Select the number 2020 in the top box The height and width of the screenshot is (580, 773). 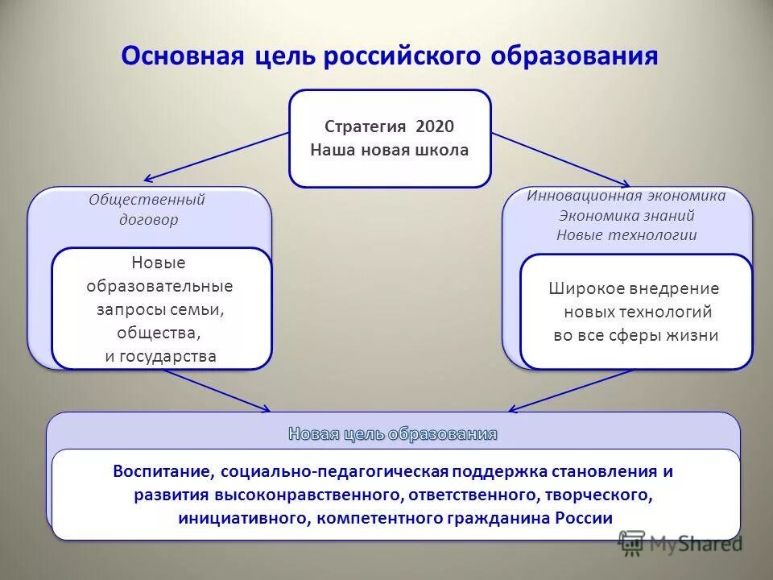click(435, 126)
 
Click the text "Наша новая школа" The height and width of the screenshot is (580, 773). click(390, 150)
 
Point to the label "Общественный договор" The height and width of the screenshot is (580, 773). click(147, 209)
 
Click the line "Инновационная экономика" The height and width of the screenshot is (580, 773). click(626, 196)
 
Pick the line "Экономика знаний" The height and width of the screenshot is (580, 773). click(626, 216)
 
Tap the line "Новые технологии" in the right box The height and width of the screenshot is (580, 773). click(626, 235)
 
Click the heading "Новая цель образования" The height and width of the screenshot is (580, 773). click(392, 434)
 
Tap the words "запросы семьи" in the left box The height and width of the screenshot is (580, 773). click(161, 309)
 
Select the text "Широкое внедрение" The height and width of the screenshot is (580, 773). click(634, 288)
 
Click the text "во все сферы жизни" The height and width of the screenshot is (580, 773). click(635, 335)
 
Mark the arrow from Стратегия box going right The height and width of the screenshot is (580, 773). click(560, 158)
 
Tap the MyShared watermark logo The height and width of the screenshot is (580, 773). click(680, 544)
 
